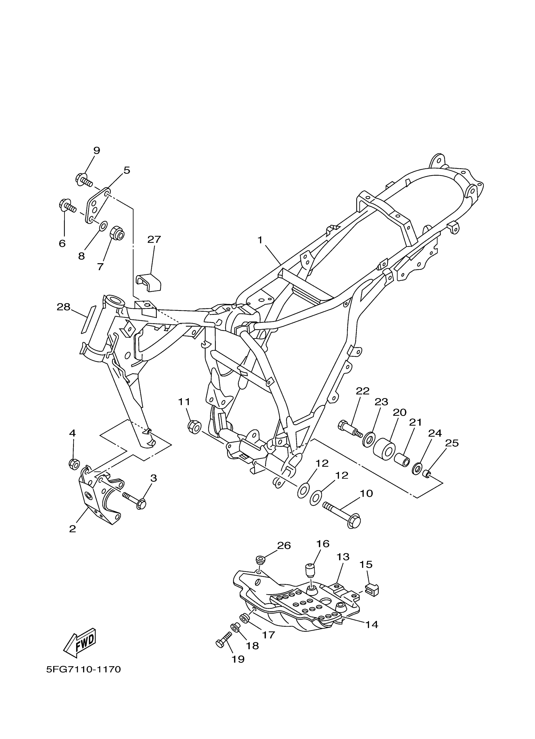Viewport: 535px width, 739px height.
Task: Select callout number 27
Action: (x=154, y=240)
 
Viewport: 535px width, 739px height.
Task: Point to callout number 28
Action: (x=64, y=307)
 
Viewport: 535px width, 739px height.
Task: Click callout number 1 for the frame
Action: (x=260, y=240)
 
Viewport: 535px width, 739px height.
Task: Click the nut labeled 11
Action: (x=194, y=427)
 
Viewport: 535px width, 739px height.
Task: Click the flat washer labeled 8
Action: (x=103, y=225)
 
